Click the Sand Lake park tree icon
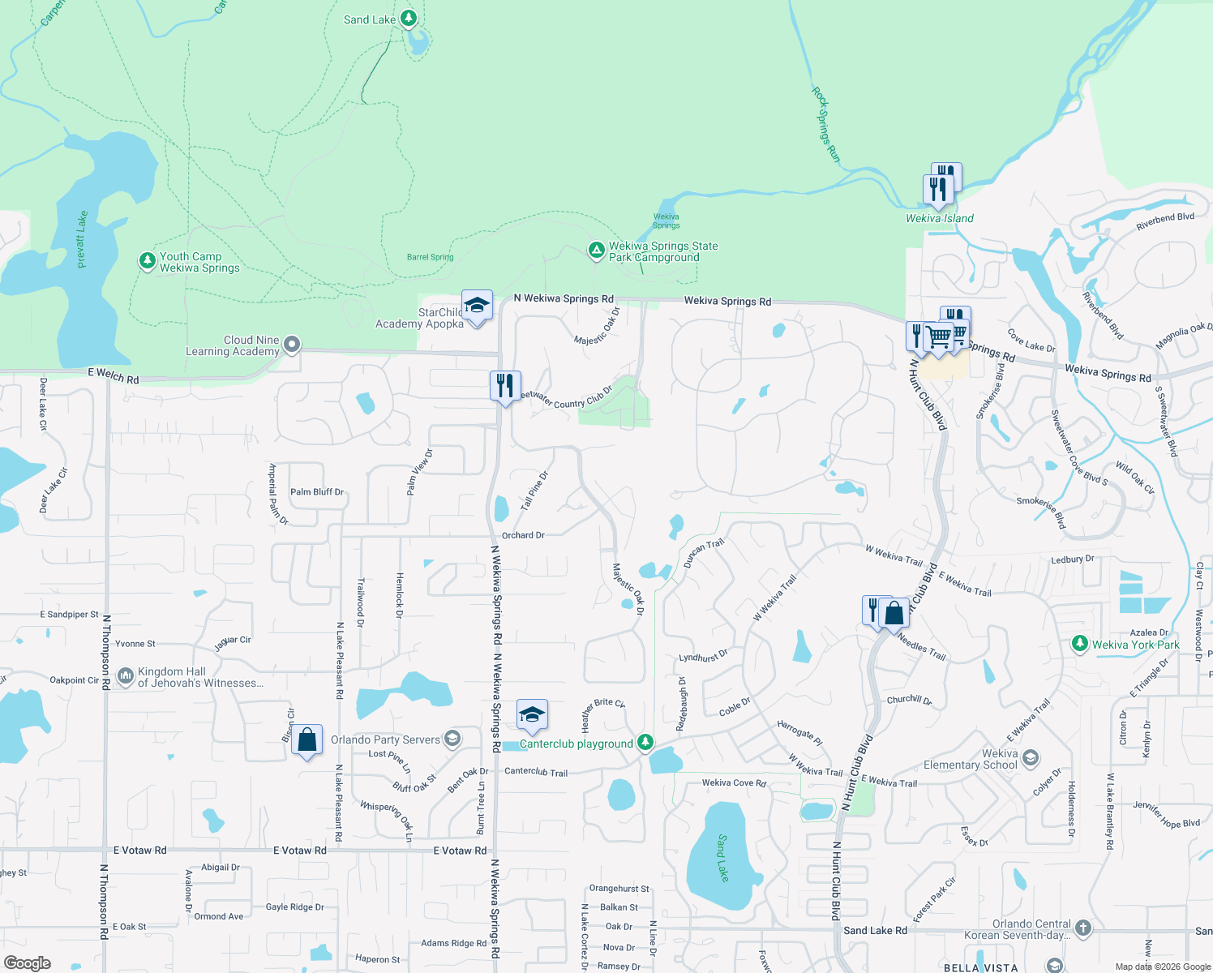pos(409,18)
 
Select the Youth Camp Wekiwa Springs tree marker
pos(147,260)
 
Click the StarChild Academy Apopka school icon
pos(477,306)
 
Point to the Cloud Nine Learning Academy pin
pos(292,345)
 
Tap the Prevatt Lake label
pos(81,239)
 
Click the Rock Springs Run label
pos(825,126)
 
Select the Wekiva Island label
pos(940,218)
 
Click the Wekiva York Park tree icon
pos(1079,644)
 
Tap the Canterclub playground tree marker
pos(645,742)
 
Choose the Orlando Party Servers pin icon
pos(452,738)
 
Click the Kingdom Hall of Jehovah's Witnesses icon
pos(126,675)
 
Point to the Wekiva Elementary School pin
pos(1031,758)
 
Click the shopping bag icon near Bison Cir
pos(306,740)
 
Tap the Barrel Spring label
pos(430,257)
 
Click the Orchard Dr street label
pos(523,535)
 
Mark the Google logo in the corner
pos(28,962)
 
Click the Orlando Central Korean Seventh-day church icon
pos(1083,928)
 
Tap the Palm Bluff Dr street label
pos(317,491)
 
